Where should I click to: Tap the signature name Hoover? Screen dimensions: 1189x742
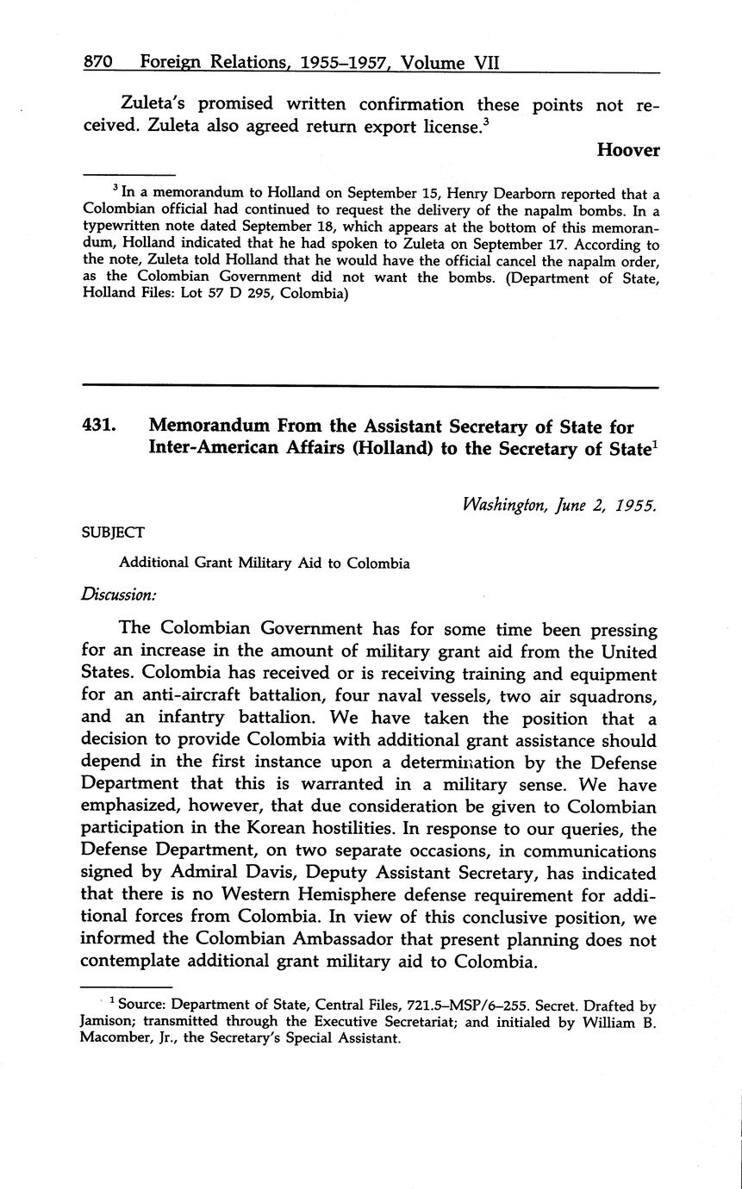(628, 150)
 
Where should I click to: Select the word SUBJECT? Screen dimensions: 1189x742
(113, 532)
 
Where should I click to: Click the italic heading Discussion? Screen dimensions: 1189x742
(119, 594)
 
